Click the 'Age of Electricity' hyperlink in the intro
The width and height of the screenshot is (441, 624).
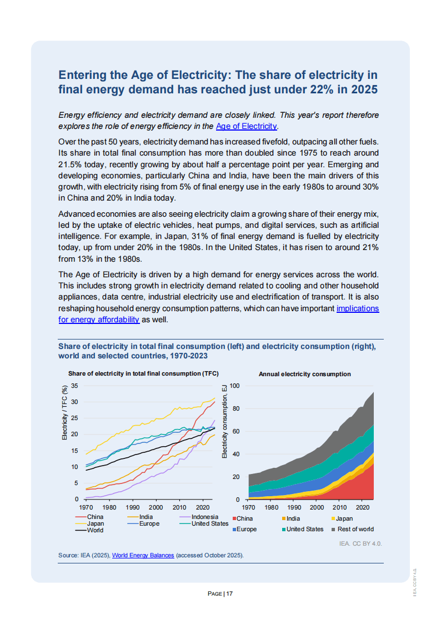tap(246, 126)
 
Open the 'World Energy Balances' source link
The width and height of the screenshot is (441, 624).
tap(143, 555)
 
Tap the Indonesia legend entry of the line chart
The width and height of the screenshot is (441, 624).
tap(204, 517)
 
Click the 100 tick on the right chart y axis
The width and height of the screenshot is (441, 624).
tap(234, 386)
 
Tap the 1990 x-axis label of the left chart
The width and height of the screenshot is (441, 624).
tap(133, 507)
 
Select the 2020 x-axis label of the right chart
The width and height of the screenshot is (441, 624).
tap(363, 507)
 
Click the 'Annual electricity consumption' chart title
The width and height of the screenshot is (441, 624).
tap(304, 374)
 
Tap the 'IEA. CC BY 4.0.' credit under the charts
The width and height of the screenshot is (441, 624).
tap(360, 543)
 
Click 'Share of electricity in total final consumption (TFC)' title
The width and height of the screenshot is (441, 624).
tap(143, 374)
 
